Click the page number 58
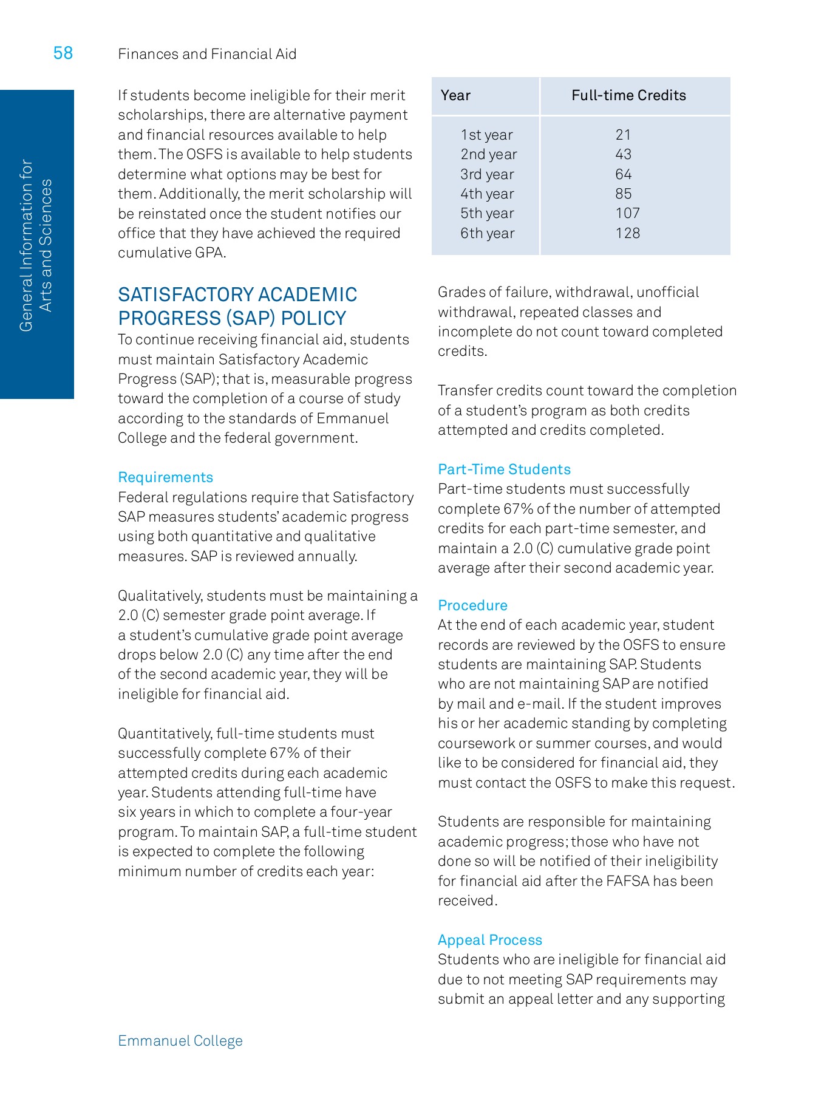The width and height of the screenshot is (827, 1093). point(63,53)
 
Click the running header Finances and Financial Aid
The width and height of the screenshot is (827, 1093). point(207,54)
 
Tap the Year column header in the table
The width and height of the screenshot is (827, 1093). point(455,95)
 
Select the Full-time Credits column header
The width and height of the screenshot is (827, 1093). point(628,95)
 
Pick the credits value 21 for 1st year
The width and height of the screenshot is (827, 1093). point(623,135)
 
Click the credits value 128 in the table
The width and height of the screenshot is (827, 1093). point(627,233)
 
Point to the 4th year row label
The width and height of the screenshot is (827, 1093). point(487,194)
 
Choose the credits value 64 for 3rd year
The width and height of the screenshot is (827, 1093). point(623,174)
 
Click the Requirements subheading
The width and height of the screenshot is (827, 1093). point(165,477)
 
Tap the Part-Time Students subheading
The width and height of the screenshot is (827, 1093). point(504,469)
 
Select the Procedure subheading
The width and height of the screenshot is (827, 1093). point(472,605)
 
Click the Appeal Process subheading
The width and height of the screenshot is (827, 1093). point(489,940)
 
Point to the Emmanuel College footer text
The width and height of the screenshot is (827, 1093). point(180,1041)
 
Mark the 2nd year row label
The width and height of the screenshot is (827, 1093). point(488,154)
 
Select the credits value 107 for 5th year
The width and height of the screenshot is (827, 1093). point(627,213)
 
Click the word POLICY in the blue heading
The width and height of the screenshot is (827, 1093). point(313,318)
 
